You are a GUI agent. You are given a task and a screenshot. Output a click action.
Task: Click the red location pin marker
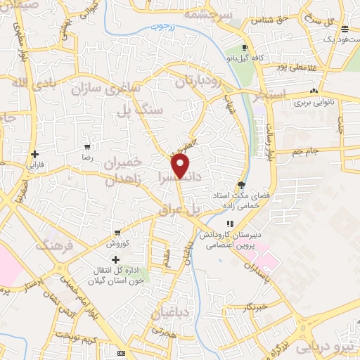181,165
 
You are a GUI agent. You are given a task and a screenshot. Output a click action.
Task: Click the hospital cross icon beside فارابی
34,154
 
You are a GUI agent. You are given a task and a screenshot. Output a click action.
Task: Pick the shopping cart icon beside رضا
87,148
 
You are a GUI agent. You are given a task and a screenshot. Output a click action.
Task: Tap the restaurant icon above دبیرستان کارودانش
229,223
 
